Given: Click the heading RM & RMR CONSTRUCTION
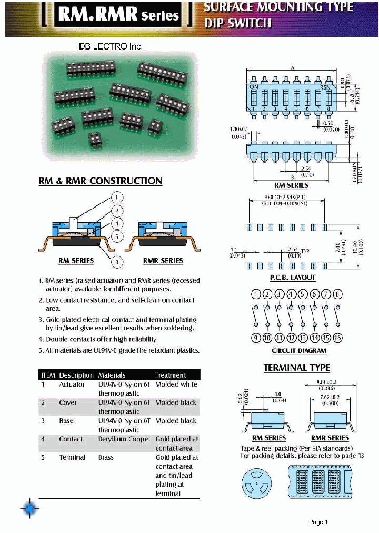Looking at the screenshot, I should [101, 181].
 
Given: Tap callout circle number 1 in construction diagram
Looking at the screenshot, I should [116, 198].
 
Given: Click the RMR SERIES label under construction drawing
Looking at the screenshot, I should [163, 261].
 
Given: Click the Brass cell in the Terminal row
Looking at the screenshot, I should [106, 457].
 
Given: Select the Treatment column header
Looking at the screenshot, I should [171, 375].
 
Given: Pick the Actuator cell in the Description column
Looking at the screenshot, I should [72, 384].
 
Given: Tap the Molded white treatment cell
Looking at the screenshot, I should [176, 384].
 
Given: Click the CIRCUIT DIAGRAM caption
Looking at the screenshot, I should [298, 351].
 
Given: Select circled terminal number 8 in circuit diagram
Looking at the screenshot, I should [337, 294].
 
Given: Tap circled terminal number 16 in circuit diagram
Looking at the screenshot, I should [337, 338].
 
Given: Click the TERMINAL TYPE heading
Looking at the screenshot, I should [296, 368].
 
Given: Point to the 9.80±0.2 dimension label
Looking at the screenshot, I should [331, 383].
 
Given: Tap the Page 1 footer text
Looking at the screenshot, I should [318, 522].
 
